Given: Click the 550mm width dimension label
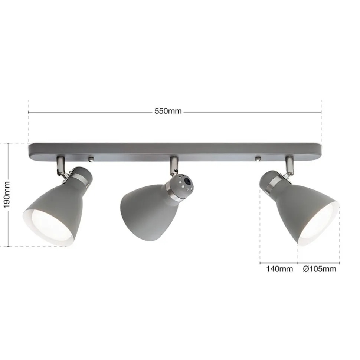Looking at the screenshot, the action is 168,111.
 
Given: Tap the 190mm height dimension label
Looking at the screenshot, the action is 7,194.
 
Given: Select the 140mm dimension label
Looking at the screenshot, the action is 279,269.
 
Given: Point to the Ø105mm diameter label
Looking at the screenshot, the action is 320,269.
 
